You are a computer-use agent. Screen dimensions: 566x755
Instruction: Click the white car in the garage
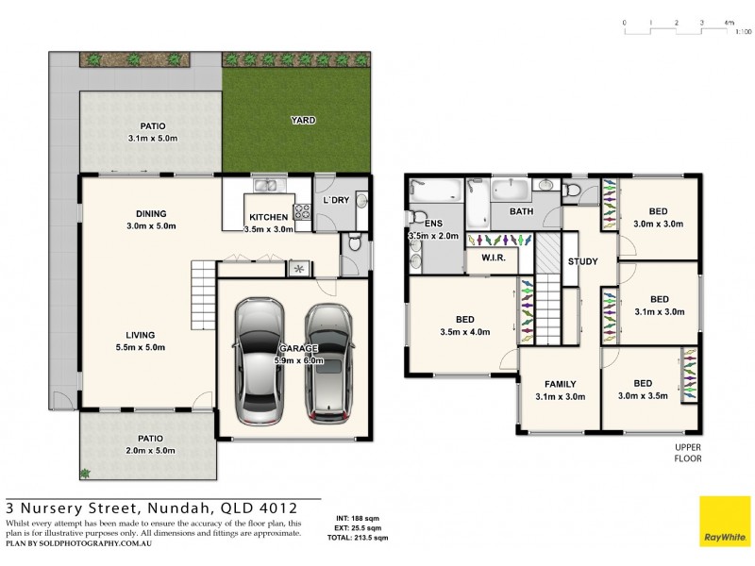point(259,361)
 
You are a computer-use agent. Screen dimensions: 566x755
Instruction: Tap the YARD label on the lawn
point(302,121)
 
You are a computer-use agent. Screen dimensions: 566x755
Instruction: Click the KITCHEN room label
point(268,217)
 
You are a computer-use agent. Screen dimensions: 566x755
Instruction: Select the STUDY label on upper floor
point(582,261)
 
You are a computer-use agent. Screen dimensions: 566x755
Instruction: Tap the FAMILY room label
point(560,384)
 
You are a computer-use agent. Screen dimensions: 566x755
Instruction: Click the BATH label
point(521,211)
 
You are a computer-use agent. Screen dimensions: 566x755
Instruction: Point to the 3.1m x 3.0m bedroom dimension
point(659,311)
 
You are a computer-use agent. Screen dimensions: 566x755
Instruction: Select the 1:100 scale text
point(743,32)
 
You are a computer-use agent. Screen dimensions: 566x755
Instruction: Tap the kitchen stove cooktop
point(303,213)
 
